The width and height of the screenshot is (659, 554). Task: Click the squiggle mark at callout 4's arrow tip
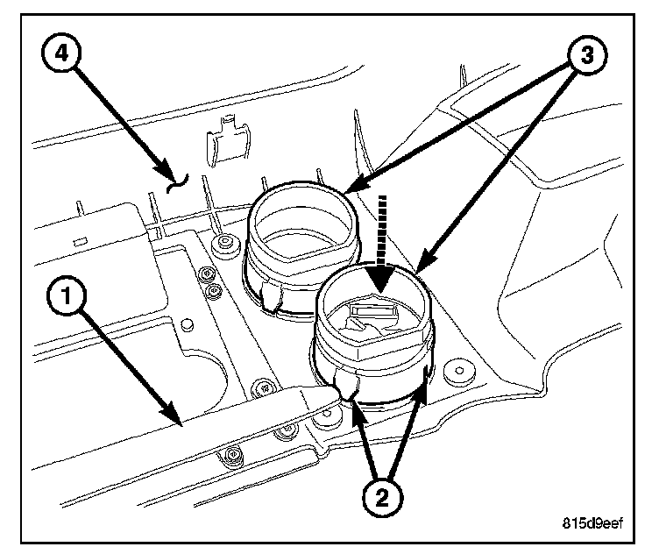click(x=178, y=182)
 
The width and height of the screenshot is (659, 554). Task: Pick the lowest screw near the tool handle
click(x=231, y=454)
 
